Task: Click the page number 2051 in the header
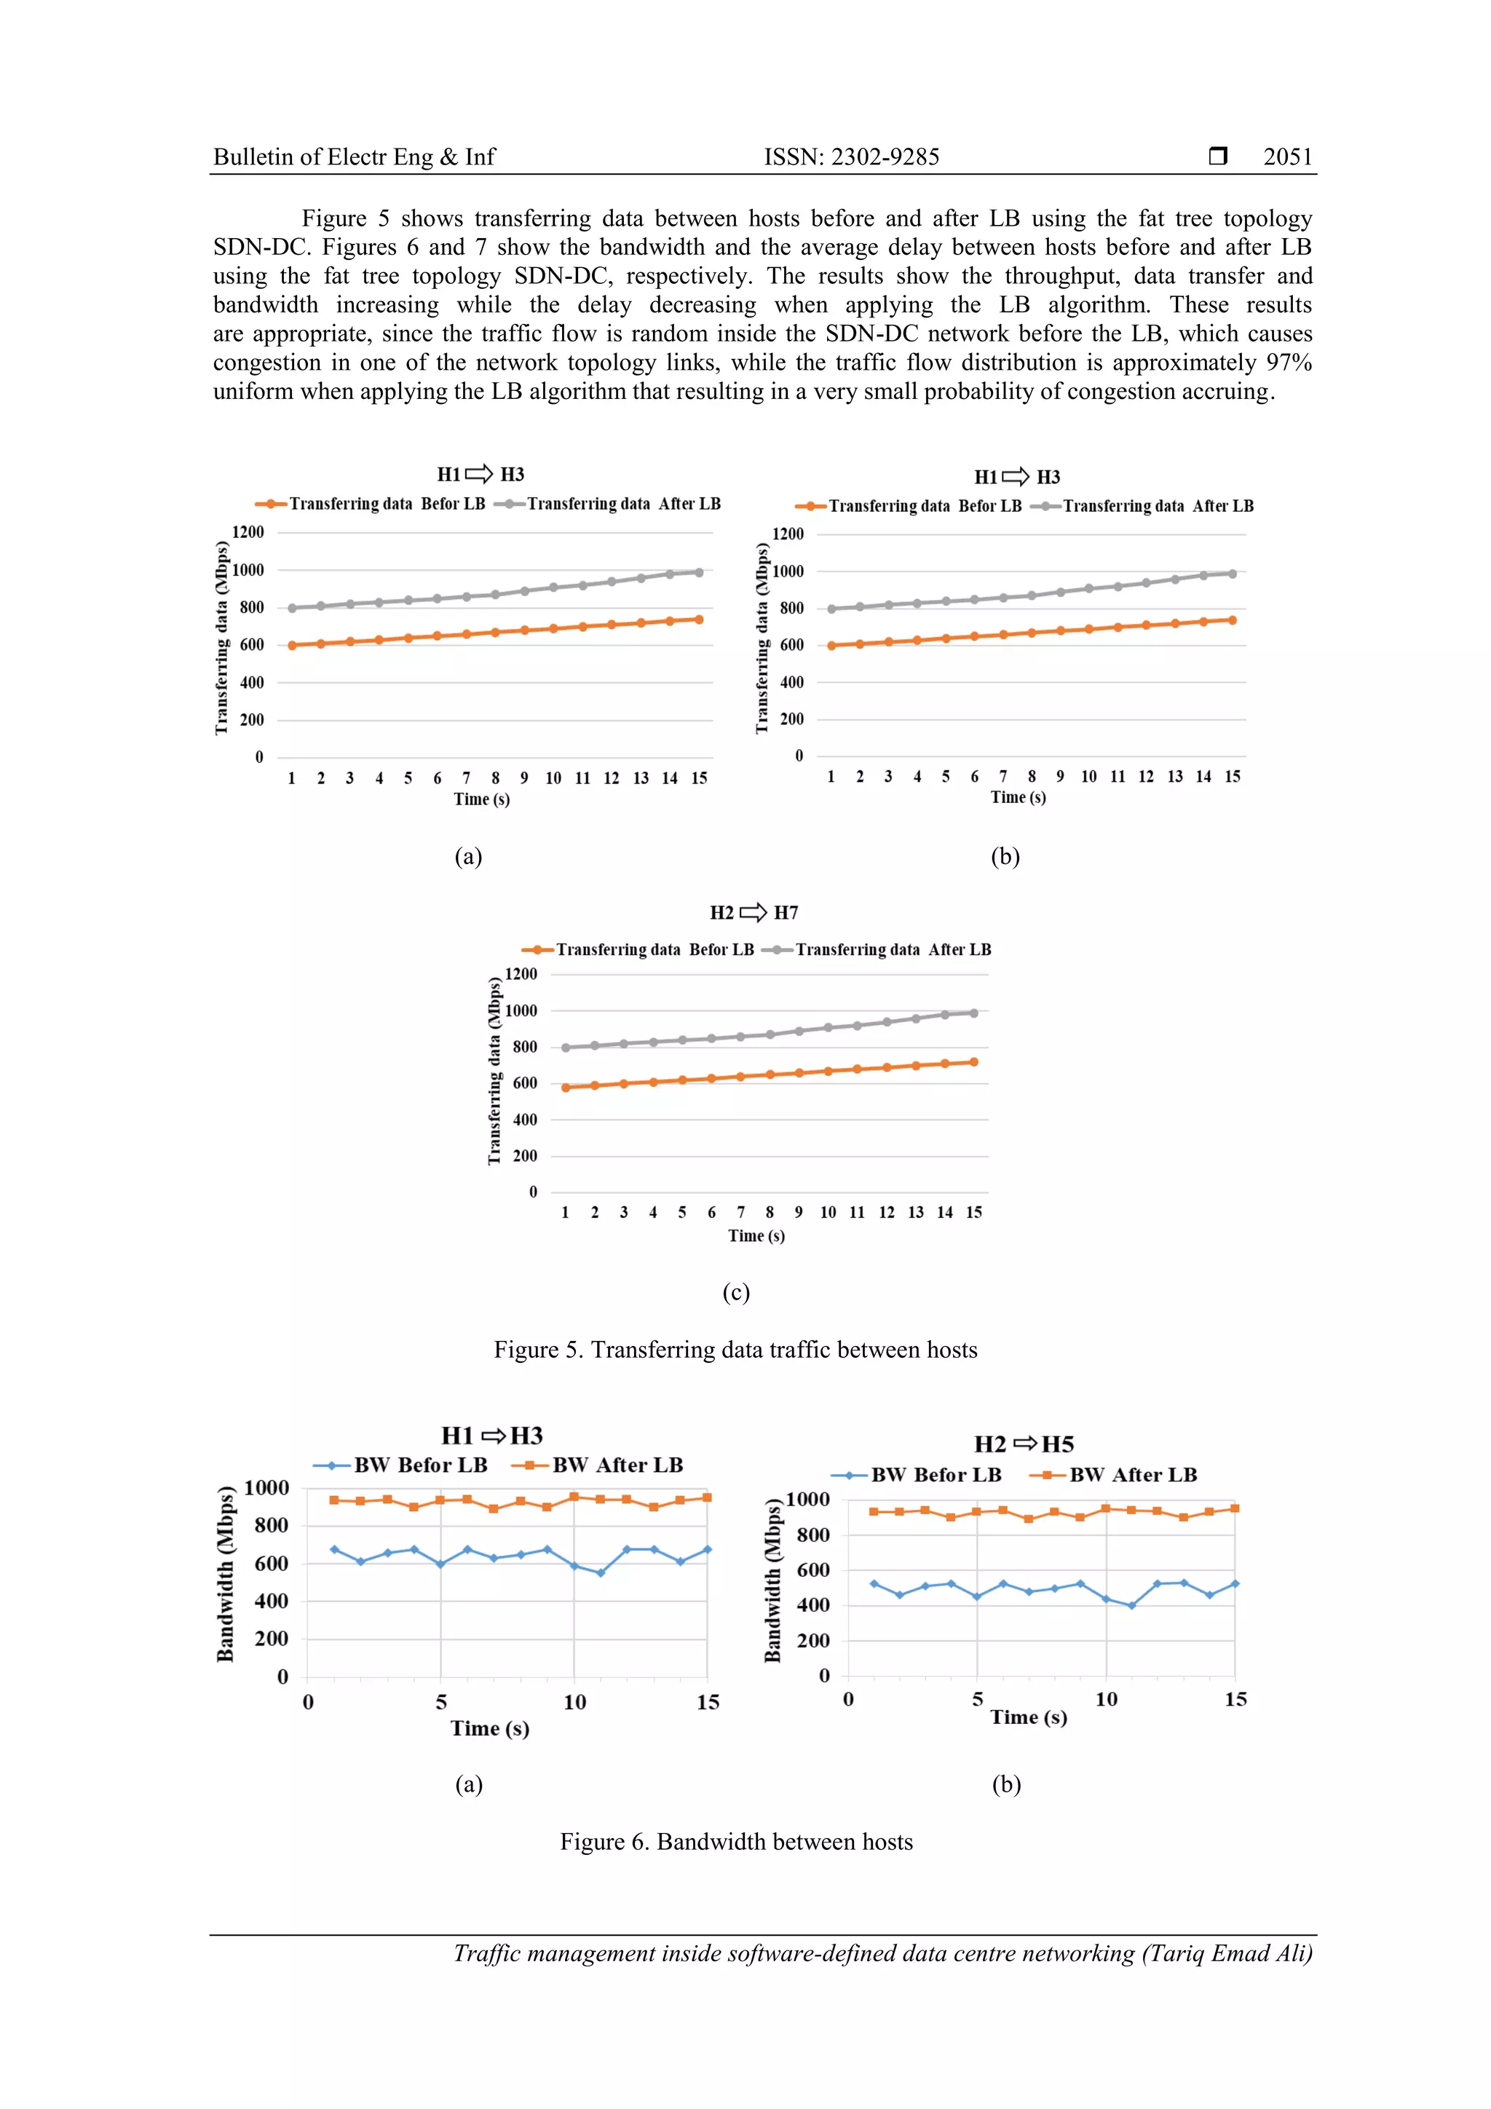(1287, 157)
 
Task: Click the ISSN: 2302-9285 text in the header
(852, 157)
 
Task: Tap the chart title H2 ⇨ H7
(754, 912)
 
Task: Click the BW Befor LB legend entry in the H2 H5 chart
(936, 1474)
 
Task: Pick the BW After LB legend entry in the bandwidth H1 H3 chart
(617, 1465)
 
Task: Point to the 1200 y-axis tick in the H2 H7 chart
(521, 973)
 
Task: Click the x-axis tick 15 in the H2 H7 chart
(974, 1213)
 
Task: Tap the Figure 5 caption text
(735, 1350)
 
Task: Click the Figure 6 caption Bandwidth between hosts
(736, 1842)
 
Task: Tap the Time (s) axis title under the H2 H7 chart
(756, 1235)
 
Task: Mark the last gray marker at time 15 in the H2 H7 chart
(974, 1013)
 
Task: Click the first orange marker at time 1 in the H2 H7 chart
(566, 1088)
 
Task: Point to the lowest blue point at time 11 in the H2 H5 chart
(1132, 1606)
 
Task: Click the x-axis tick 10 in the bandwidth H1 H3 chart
(574, 1702)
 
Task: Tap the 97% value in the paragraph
(1288, 362)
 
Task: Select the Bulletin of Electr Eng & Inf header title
(354, 157)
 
